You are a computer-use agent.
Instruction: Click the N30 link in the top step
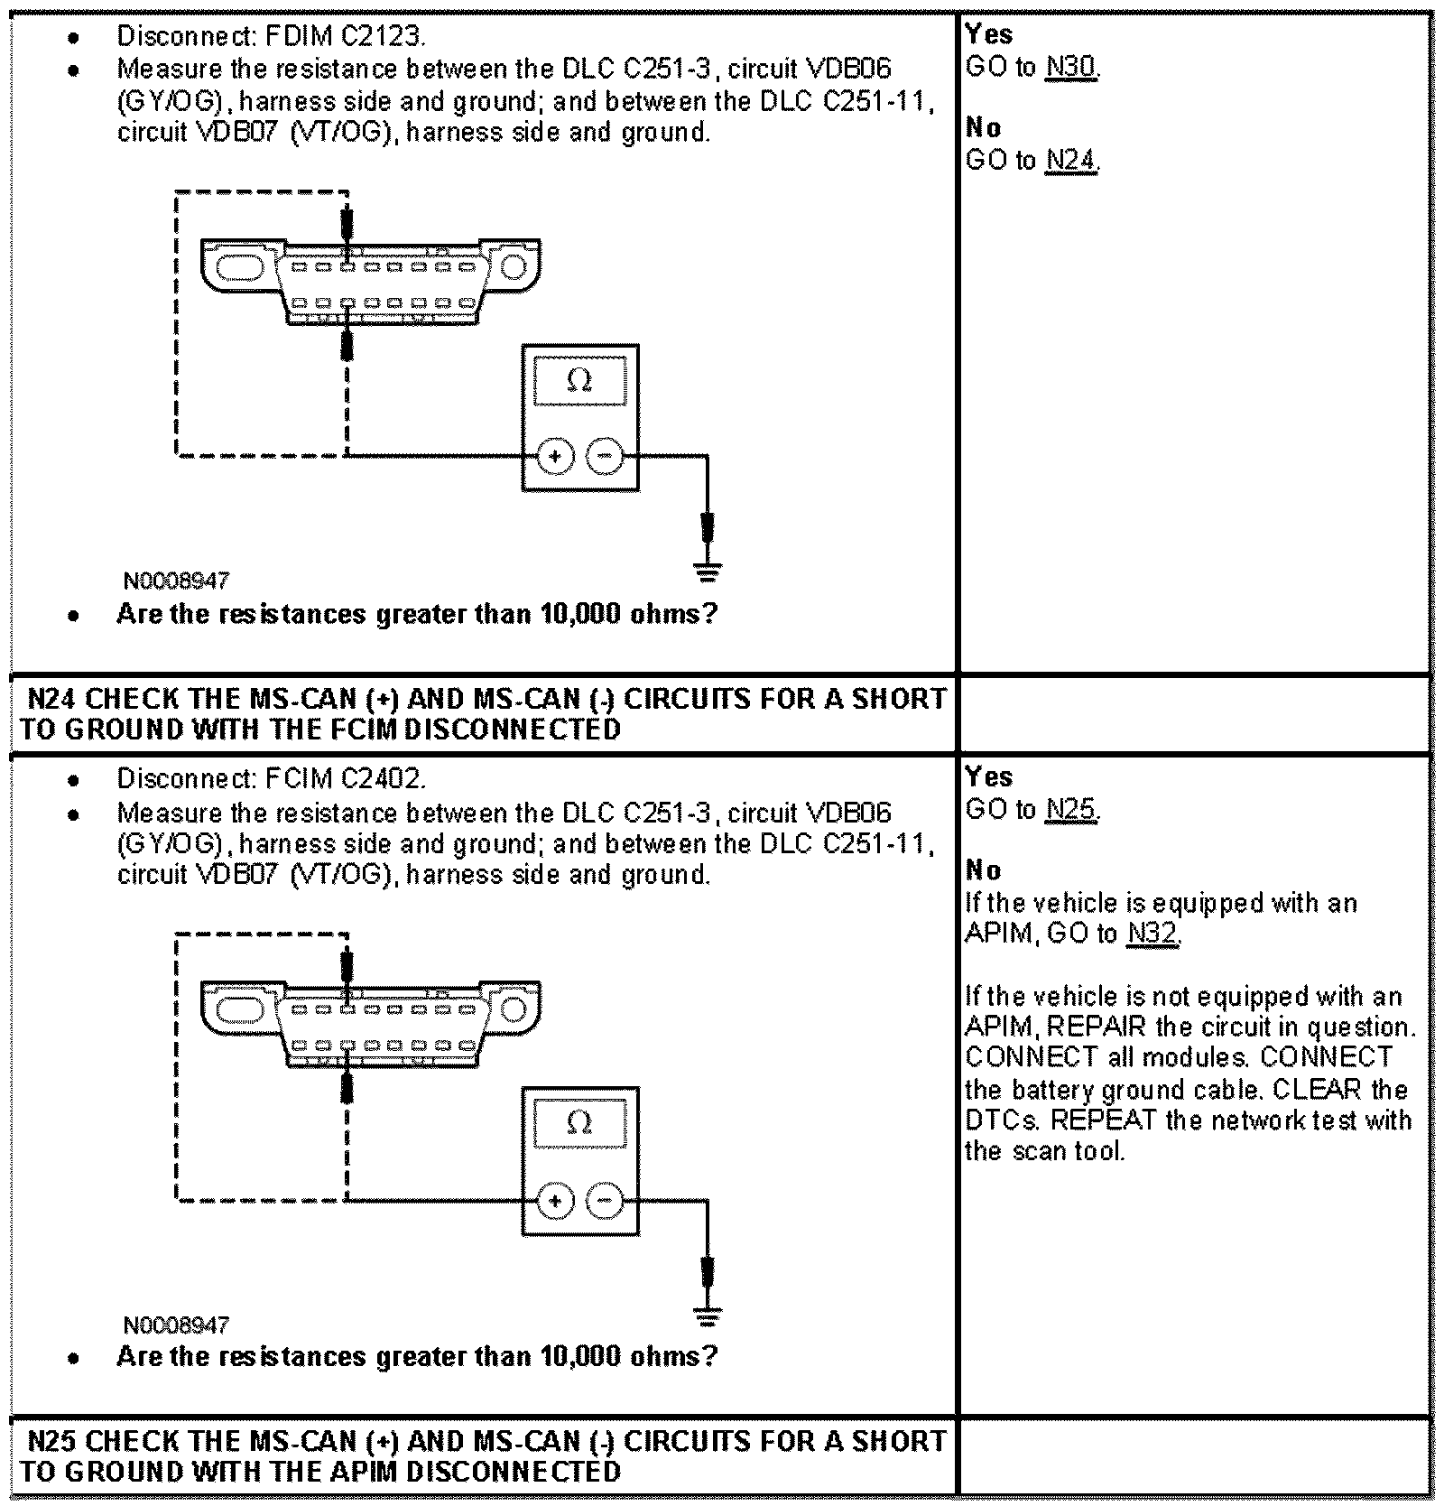click(x=1071, y=68)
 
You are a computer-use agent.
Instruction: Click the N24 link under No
click(x=1071, y=161)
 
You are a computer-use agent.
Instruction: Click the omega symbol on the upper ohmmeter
click(x=579, y=381)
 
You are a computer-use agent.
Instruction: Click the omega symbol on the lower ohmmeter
click(x=579, y=1123)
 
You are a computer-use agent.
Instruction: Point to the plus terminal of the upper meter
click(x=555, y=457)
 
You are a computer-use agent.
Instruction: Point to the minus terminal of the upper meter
click(x=605, y=457)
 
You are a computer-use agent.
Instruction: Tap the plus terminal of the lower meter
click(x=555, y=1201)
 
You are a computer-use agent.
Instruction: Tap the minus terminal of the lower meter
click(x=605, y=1201)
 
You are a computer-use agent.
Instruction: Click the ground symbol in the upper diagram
click(x=708, y=571)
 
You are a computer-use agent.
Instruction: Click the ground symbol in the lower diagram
click(x=708, y=1316)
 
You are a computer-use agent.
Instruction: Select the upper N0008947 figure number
click(x=176, y=581)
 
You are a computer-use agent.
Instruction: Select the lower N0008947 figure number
click(x=176, y=1325)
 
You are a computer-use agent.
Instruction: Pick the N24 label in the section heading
click(x=51, y=699)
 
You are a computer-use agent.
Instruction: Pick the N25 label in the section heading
click(x=51, y=1441)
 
